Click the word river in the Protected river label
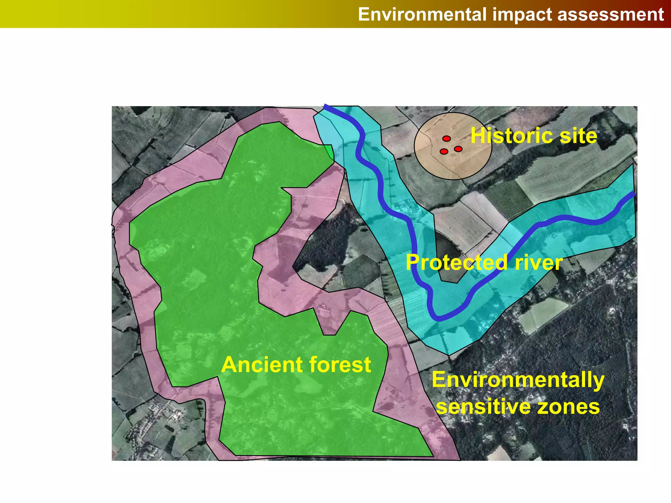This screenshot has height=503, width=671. click(539, 262)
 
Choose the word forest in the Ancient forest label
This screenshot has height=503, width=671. click(341, 364)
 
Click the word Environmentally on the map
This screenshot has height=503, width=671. click(518, 380)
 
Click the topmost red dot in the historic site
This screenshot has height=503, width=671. click(447, 139)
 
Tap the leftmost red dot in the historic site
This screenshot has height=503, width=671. click(444, 151)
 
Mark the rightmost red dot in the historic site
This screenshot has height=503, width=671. click(458, 149)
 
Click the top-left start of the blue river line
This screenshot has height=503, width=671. click(325, 106)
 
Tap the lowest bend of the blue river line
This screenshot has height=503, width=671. click(439, 318)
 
